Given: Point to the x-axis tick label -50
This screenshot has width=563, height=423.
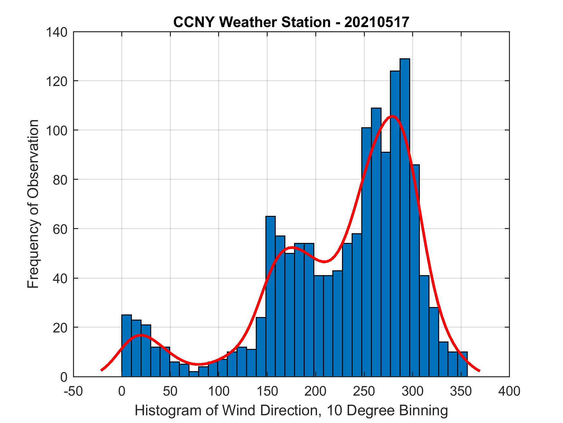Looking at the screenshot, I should point(74,391).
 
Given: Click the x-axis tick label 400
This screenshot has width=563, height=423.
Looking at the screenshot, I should point(509,391).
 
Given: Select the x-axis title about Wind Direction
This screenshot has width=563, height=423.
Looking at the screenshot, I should point(291,411).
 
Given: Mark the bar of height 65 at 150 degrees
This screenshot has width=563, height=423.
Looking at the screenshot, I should point(270,296).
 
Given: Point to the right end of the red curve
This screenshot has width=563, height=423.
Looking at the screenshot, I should point(479,371).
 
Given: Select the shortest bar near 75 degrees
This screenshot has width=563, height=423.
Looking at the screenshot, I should point(194,374).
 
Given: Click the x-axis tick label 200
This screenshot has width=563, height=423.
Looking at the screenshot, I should point(316,391).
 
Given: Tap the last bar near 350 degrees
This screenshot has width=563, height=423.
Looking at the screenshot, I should point(462,364).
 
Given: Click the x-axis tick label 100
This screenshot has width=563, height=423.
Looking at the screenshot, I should point(219,391).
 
